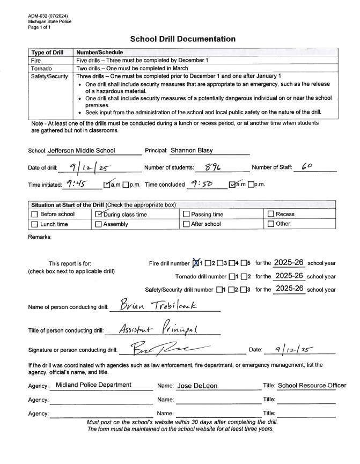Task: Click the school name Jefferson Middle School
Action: coord(85,151)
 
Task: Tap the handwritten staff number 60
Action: coord(307,168)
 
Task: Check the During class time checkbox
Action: coord(99,215)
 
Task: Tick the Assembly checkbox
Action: coord(99,224)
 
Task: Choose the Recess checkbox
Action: coord(271,215)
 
